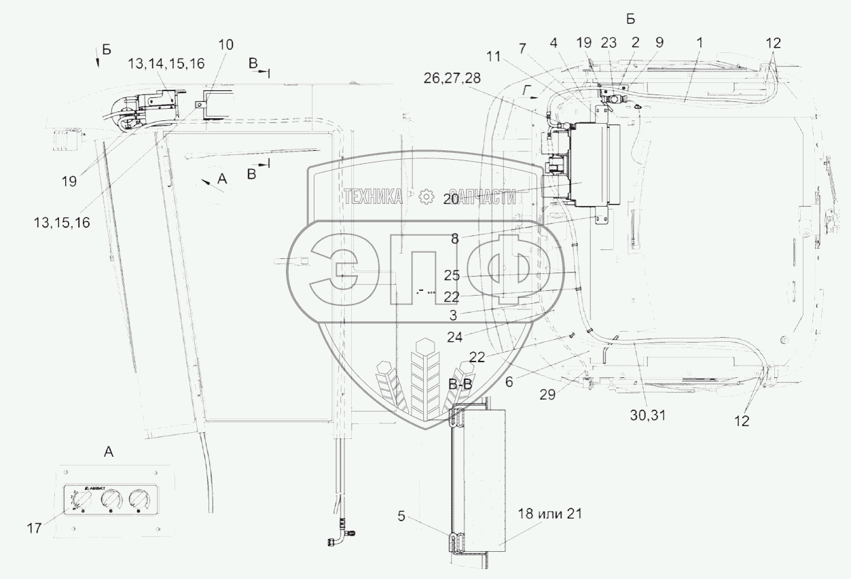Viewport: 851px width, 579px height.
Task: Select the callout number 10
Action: click(x=225, y=45)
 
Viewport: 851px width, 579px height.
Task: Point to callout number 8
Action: click(x=454, y=239)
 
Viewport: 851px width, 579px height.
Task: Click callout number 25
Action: click(x=452, y=276)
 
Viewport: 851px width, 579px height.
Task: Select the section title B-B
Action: click(x=461, y=385)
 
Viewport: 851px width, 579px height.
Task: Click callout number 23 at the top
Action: click(x=609, y=42)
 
